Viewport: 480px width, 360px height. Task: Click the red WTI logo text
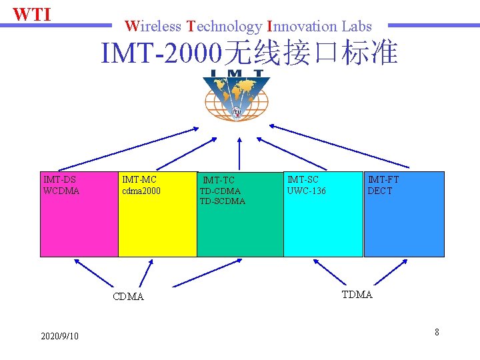point(32,14)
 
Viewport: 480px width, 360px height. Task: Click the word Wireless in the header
point(153,27)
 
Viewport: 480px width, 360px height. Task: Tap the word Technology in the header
point(225,27)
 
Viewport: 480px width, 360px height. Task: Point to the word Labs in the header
point(357,27)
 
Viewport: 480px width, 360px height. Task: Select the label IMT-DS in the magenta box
point(59,179)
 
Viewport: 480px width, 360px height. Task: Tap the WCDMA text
point(61,191)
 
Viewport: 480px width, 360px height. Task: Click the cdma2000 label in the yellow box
point(141,191)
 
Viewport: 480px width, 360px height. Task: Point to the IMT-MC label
point(139,179)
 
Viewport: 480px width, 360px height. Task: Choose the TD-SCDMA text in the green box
point(223,201)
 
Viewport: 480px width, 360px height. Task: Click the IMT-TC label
point(219,180)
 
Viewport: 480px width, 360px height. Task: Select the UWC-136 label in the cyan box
point(307,191)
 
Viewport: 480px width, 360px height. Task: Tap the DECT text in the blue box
point(380,191)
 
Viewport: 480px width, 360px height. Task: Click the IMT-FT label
point(383,179)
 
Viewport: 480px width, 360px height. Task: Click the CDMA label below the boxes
point(129,297)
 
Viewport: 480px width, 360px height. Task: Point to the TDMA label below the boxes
point(357,295)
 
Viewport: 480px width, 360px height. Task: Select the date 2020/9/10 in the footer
point(59,336)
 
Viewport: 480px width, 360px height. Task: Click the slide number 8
point(437,331)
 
